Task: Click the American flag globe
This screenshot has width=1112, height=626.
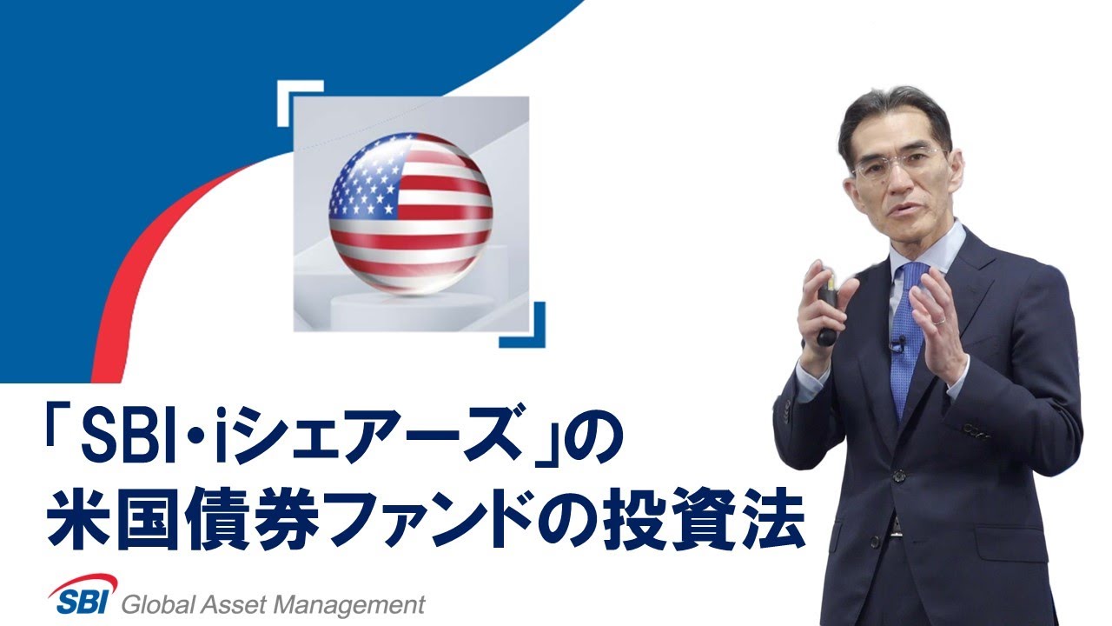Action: [411, 214]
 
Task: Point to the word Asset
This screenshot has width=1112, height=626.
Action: [235, 604]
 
